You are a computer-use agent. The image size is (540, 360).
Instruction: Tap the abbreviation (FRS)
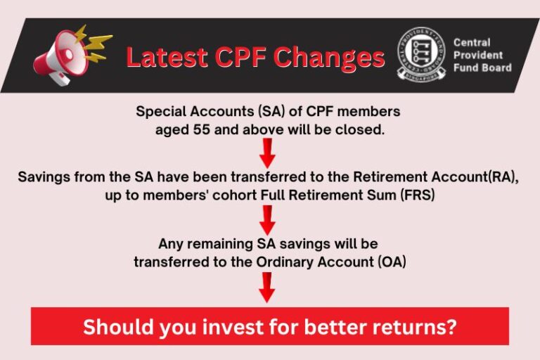(416, 195)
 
